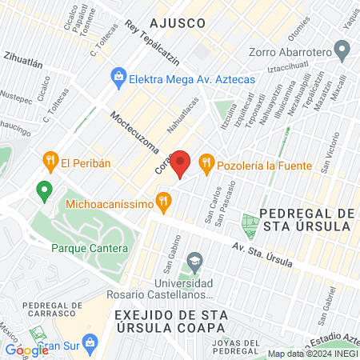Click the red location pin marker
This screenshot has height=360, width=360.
point(182,163)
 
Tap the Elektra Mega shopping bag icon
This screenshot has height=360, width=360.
point(118,78)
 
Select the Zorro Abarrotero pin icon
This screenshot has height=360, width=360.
point(343,53)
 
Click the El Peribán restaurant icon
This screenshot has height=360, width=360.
point(50,162)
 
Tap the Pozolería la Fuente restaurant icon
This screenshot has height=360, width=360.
point(207,163)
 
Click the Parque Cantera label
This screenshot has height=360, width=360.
point(89,249)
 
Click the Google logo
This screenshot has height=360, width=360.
point(26,350)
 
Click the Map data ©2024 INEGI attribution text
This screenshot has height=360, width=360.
point(312,353)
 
